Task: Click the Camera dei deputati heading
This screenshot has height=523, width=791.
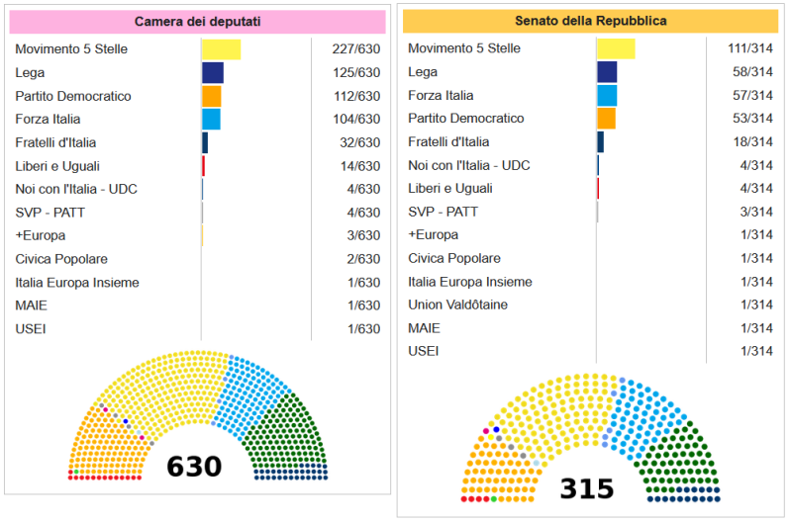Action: tap(197, 22)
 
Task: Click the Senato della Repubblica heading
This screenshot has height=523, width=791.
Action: tap(590, 21)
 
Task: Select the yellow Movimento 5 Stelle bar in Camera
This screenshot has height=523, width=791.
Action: tap(221, 49)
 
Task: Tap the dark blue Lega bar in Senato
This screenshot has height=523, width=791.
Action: tap(607, 72)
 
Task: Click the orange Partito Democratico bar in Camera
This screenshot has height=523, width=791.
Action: tap(211, 96)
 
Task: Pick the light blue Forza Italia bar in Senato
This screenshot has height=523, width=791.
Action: tap(607, 96)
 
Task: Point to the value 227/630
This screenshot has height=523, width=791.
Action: tap(357, 49)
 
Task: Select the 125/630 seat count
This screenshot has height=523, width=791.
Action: tap(357, 73)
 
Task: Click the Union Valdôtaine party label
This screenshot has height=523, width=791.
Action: tap(457, 305)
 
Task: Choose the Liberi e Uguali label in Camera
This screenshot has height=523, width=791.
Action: tap(57, 166)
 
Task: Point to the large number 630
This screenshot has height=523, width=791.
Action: tap(194, 466)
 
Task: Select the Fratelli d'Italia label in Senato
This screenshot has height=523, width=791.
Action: tap(448, 142)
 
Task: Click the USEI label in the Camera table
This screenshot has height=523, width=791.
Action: tap(31, 329)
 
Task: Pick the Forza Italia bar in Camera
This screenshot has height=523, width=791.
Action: tap(211, 120)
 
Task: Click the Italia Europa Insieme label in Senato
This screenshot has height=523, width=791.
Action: tap(470, 282)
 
